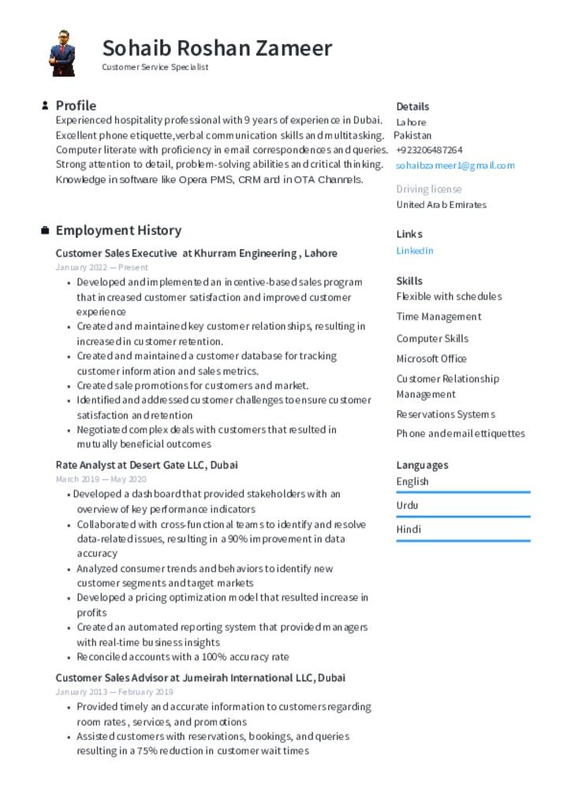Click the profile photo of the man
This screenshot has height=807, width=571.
pos(62,54)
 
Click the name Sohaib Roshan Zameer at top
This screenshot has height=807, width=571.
pos(217,48)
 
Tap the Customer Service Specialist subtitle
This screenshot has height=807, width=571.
pos(155,68)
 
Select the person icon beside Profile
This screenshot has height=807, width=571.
pos(45,106)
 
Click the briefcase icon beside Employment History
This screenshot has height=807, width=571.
pos(45,231)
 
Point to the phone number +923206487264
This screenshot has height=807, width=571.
pos(429,150)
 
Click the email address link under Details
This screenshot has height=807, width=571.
pos(455,165)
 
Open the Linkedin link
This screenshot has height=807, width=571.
pos(415,251)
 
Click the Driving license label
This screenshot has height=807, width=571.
pos(429,189)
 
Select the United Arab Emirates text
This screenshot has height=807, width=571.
pos(441,205)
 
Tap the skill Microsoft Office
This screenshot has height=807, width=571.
pos(431,359)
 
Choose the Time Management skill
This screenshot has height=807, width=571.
pos(439,317)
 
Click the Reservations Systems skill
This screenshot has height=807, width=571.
pos(446,415)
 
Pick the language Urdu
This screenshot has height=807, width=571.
pos(408,505)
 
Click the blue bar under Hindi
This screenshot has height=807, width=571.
pos(463,541)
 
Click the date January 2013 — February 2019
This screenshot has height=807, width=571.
pos(114,692)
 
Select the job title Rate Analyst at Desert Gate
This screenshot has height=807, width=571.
pos(147,465)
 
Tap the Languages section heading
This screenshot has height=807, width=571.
pos(422,465)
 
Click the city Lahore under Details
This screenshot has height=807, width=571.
pos(411,122)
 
